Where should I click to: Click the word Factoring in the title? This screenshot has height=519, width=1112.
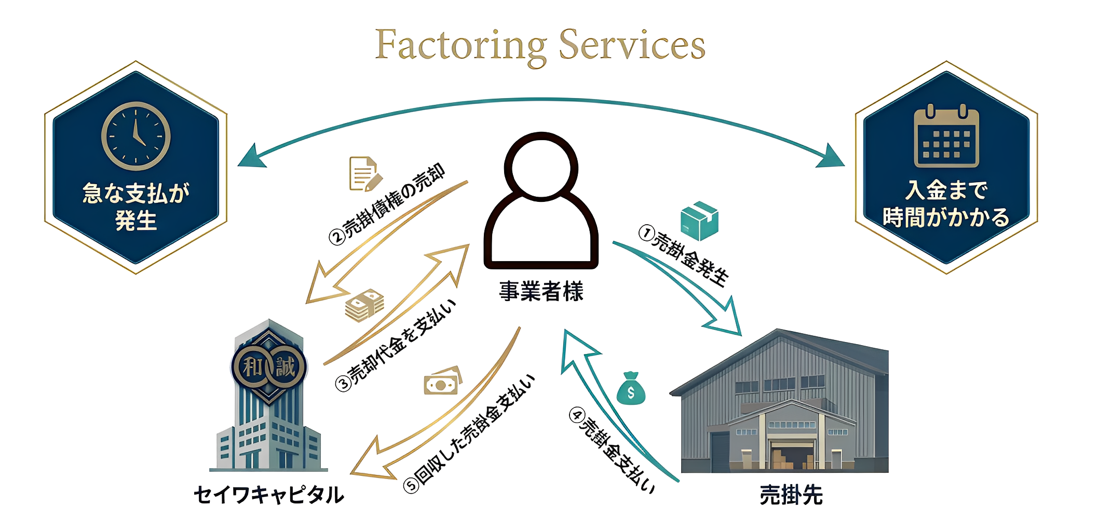pos(460,46)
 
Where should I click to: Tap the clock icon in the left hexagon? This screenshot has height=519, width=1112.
pos(135,136)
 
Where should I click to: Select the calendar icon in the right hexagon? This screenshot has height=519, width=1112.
pos(946,138)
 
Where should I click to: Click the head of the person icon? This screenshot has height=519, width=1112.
pos(541,167)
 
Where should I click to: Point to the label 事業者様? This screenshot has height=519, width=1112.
pos(541,291)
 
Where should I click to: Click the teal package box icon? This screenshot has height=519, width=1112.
pos(699,221)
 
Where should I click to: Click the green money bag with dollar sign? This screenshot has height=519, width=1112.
pos(631,389)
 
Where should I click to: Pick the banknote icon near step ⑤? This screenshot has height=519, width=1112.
pos(442,381)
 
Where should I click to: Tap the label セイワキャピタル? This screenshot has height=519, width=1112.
pos(268,495)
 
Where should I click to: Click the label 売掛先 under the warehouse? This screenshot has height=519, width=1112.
pos(791,495)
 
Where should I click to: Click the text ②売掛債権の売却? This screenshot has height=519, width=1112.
pos(387,204)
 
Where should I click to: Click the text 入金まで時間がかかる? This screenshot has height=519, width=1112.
pos(946,204)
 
